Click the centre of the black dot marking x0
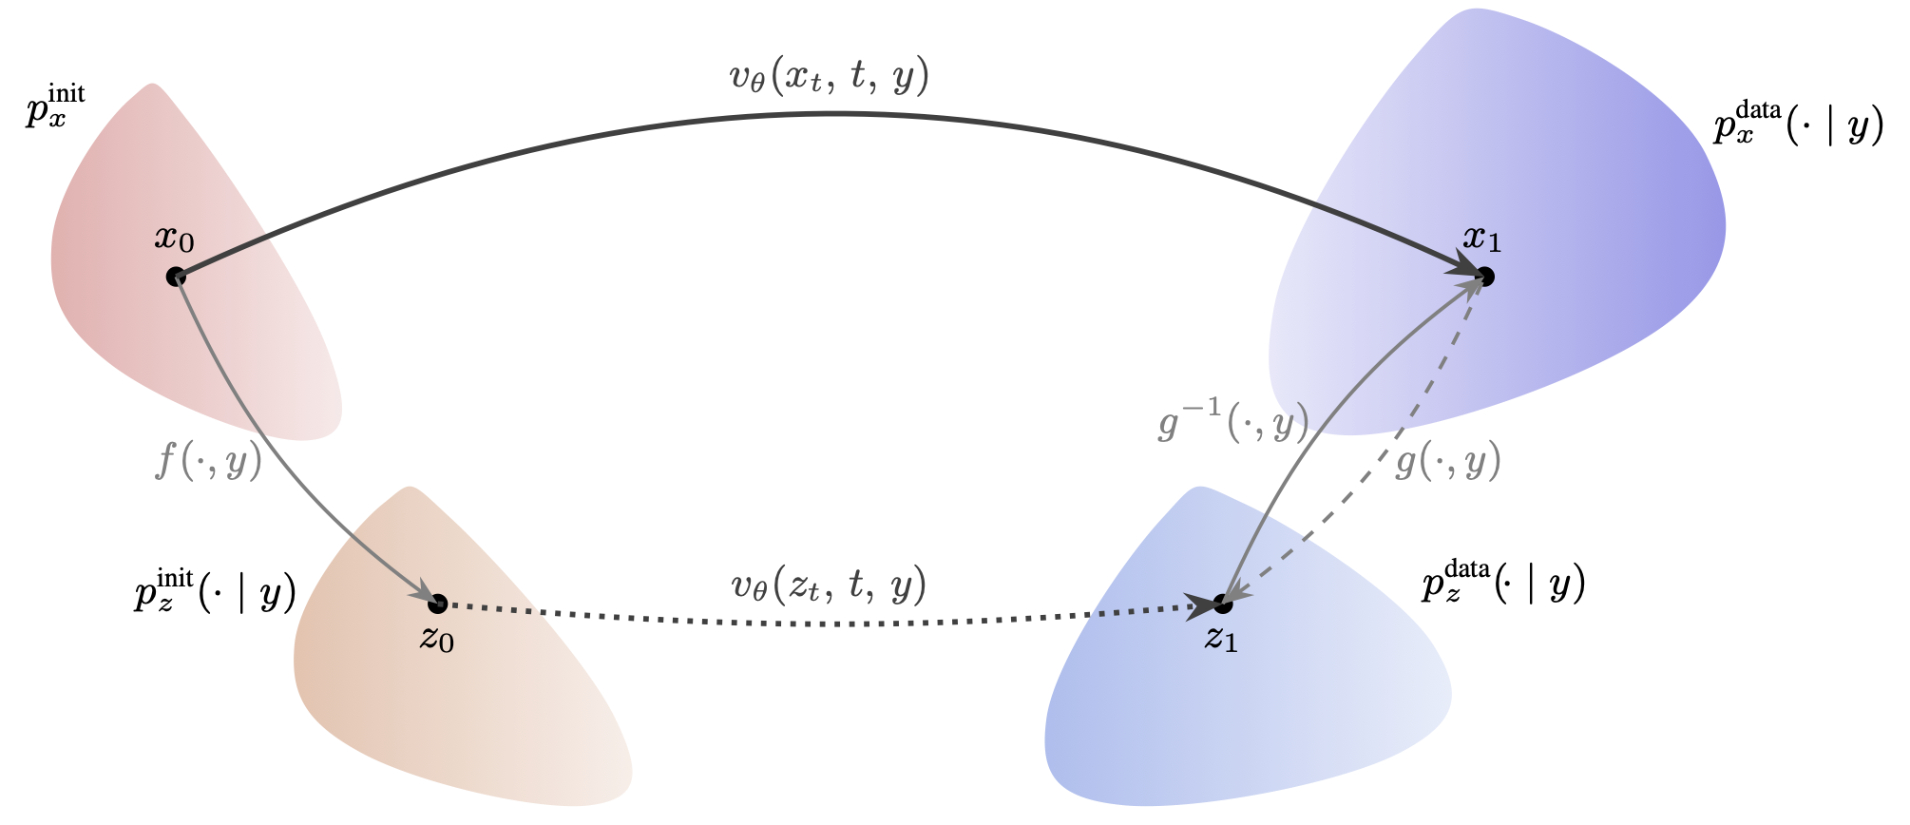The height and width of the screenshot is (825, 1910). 175,277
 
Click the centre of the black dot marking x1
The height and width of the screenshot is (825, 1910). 1485,277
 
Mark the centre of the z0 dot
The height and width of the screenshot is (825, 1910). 437,604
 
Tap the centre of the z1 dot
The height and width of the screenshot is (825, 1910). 1223,604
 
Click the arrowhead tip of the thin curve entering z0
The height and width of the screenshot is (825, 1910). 433,597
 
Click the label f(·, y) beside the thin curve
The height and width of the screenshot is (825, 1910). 208,461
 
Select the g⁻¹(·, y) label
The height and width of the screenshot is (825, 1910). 1233,422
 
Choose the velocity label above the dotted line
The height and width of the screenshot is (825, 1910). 829,586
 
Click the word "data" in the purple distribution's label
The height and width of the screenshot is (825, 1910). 1758,110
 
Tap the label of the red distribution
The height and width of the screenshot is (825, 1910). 55,106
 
